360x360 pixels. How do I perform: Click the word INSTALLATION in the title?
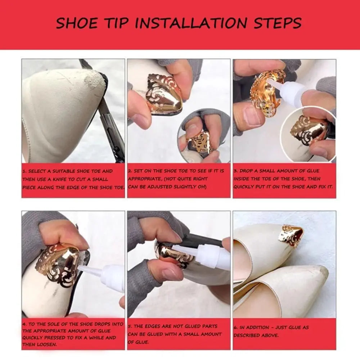tap(190, 23)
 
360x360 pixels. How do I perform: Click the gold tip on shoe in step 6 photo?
tap(292, 236)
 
